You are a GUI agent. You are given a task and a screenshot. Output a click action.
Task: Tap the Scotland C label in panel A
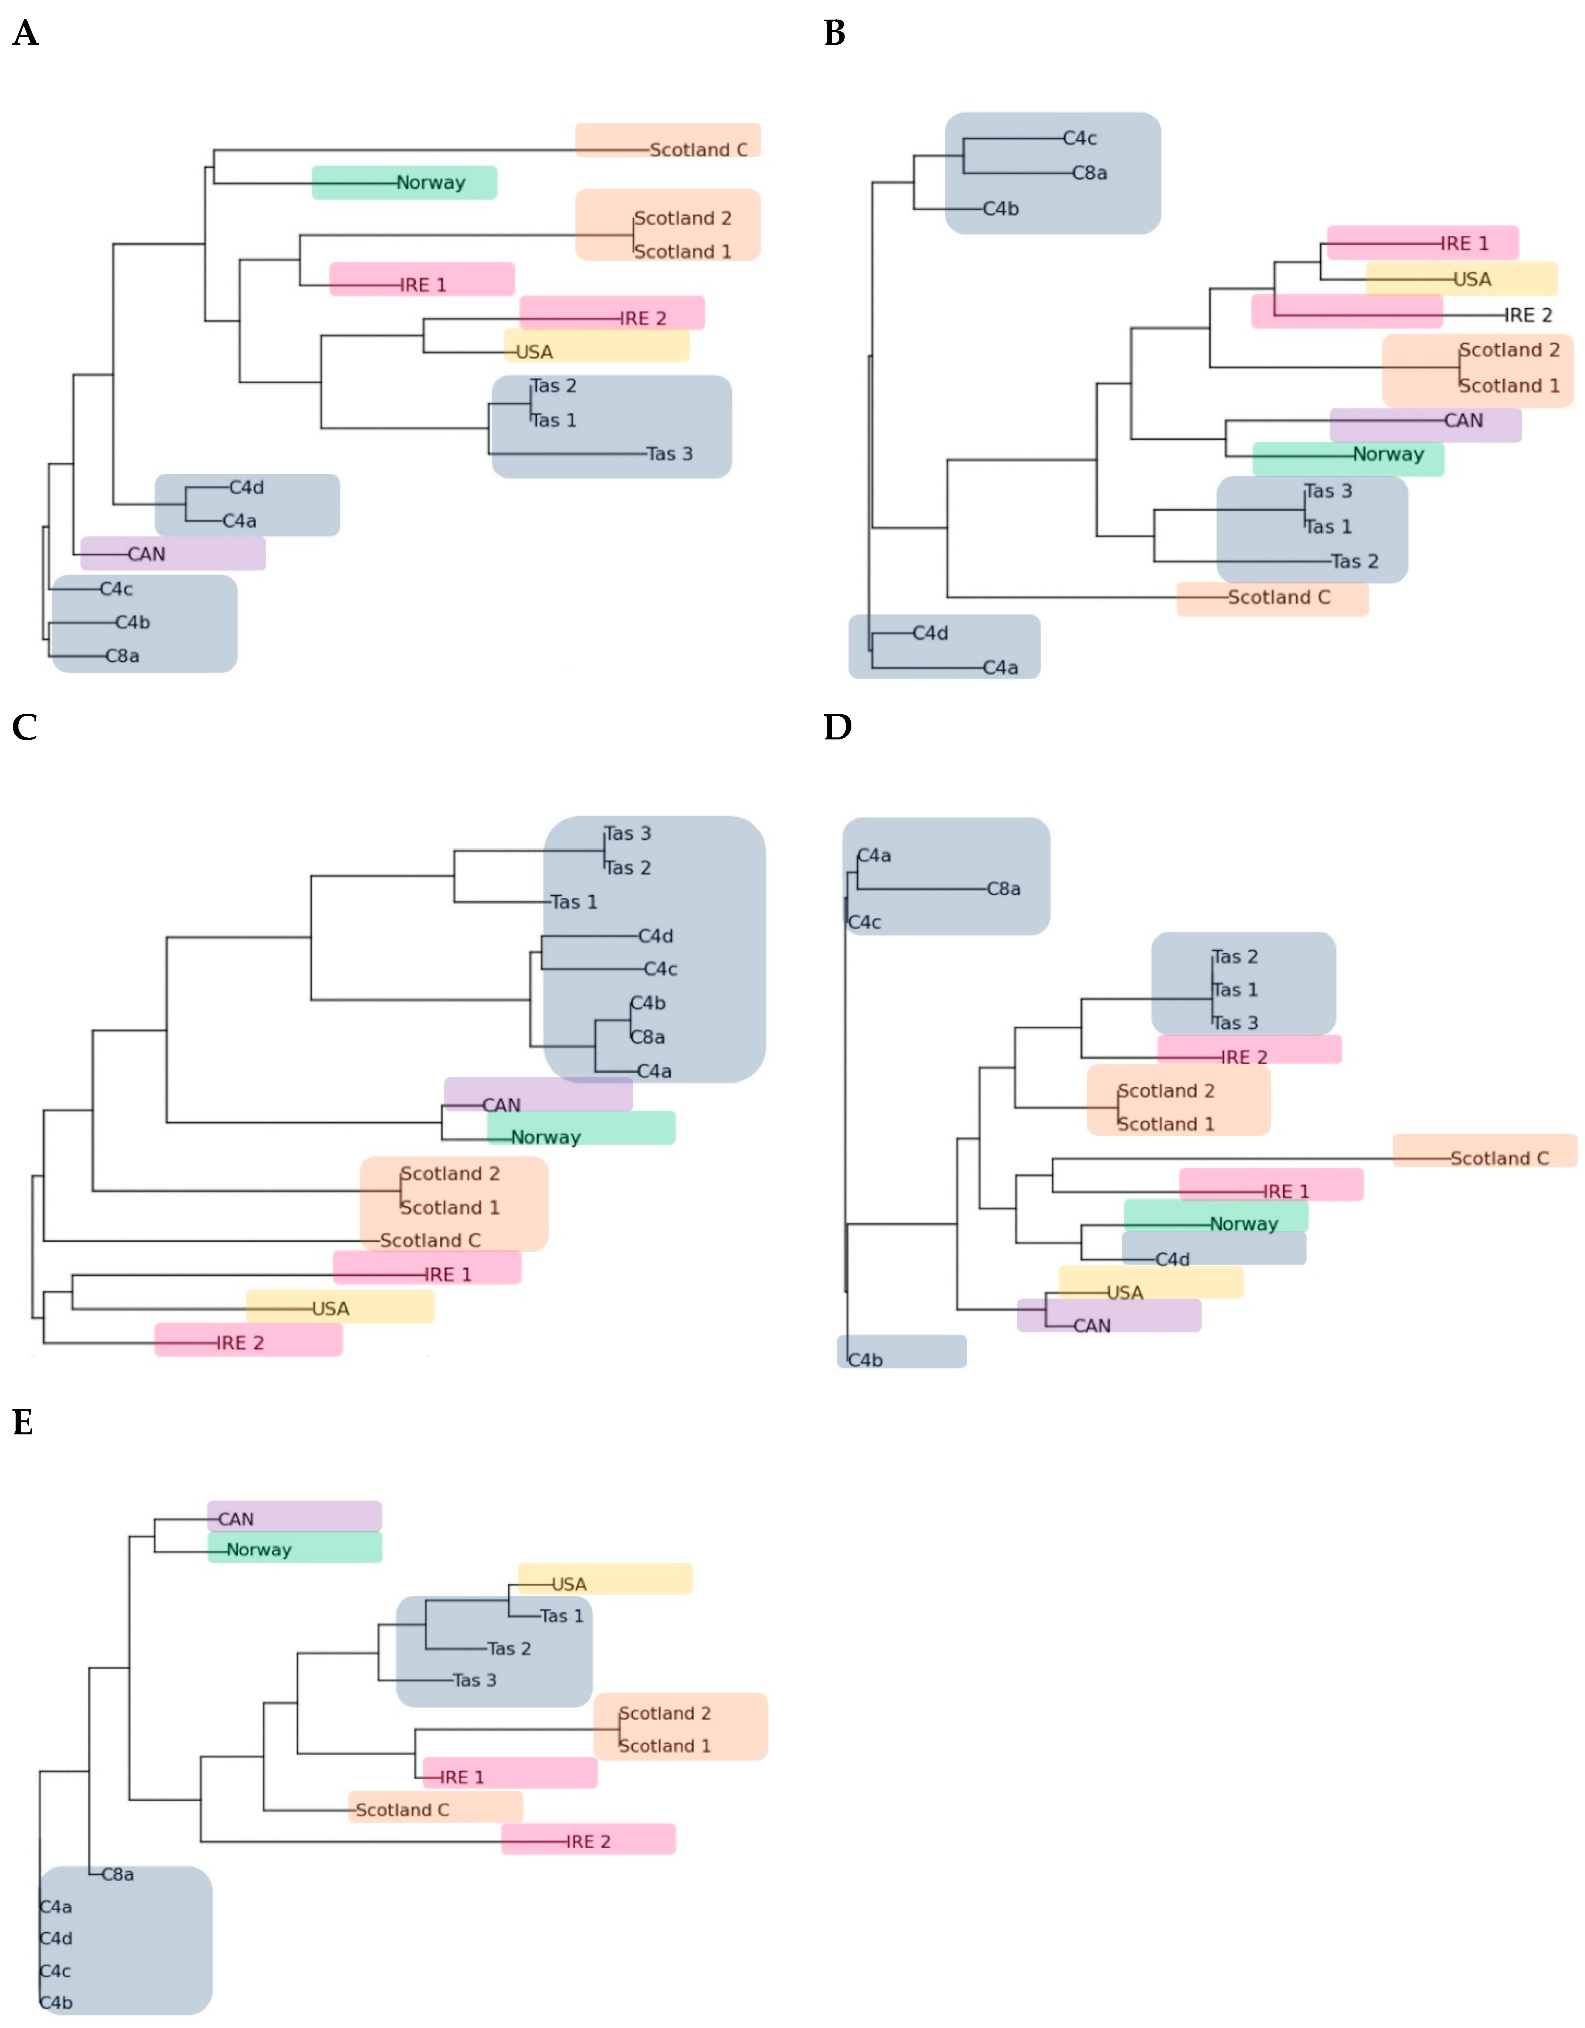[x=698, y=149]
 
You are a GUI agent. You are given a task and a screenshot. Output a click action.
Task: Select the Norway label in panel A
[x=431, y=183]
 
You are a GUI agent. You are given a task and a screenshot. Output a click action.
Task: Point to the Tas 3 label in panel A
[x=670, y=454]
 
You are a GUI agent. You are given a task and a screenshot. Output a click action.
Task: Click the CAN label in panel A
[x=147, y=554]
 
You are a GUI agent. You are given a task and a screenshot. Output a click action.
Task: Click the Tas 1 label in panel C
[x=574, y=902]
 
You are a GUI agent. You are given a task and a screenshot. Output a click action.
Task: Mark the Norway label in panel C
[x=546, y=1138]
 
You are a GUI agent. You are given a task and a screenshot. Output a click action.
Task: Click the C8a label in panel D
[x=1004, y=889]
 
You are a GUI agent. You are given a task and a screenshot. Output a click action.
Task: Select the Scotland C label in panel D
[x=1500, y=1158]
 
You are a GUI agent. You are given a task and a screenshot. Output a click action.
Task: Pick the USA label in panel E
[x=569, y=1584]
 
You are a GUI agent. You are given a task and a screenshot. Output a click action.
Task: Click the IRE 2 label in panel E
[x=589, y=1841]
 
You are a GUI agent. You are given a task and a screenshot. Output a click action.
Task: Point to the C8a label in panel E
[x=118, y=1874]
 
